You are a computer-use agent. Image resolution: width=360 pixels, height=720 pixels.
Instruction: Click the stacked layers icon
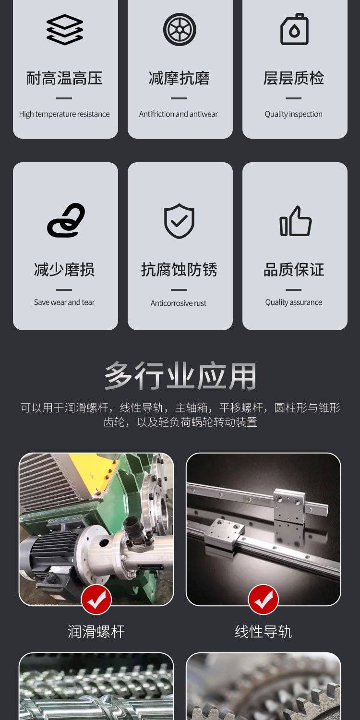click(65, 30)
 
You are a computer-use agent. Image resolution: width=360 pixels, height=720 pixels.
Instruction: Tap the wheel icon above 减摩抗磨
click(180, 30)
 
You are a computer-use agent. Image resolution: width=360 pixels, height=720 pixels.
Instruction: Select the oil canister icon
click(294, 29)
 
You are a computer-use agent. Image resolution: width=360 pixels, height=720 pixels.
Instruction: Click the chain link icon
click(66, 220)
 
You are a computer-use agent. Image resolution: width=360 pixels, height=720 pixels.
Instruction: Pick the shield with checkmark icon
click(180, 221)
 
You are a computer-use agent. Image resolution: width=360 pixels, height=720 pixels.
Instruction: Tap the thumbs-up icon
click(295, 221)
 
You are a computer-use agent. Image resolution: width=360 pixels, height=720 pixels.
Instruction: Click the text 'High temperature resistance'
click(64, 114)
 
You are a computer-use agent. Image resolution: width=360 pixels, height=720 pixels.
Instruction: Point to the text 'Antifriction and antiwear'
click(179, 114)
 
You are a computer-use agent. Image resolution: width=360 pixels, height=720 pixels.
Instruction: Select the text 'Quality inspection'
click(293, 114)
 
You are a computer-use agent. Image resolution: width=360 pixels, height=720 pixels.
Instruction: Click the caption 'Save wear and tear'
click(64, 302)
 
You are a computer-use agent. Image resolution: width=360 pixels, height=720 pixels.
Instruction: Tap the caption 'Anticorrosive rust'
click(179, 303)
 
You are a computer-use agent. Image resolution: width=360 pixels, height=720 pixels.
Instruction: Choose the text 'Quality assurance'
click(293, 302)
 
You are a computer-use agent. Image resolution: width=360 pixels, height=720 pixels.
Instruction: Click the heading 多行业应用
click(180, 375)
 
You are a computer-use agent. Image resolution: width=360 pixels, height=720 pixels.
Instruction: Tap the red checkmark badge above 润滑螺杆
click(96, 600)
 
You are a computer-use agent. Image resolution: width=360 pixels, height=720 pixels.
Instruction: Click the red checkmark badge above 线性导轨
click(263, 600)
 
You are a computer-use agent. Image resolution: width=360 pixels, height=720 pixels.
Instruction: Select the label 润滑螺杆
click(96, 632)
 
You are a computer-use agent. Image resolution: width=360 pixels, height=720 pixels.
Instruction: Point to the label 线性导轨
click(263, 632)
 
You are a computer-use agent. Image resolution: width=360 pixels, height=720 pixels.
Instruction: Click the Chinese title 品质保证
click(294, 269)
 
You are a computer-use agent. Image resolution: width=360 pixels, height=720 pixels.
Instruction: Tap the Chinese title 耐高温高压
click(64, 78)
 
